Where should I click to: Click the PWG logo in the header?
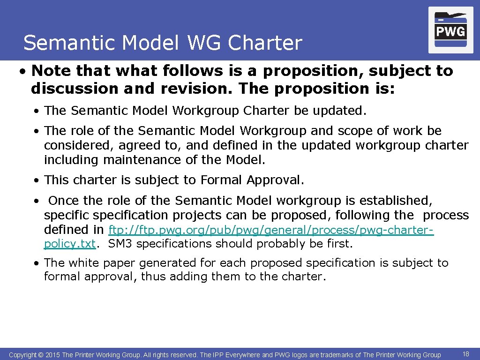(450, 30)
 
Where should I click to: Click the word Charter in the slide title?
(265, 43)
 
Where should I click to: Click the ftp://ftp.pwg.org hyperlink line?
(271, 230)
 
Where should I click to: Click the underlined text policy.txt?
(69, 244)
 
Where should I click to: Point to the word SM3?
(120, 244)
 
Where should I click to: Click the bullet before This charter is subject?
(36, 180)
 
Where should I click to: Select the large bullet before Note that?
(22, 71)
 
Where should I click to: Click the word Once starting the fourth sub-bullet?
(64, 201)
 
